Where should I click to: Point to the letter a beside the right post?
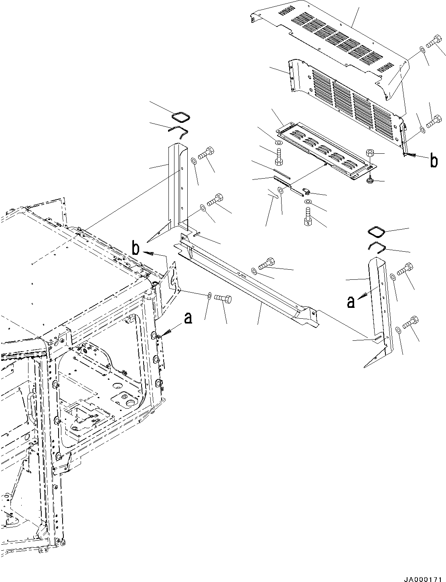[351, 302]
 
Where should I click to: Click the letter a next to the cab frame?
[188, 318]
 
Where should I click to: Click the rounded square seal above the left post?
[180, 118]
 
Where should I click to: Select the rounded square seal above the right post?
[376, 232]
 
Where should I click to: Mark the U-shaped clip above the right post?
[377, 247]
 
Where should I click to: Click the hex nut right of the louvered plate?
[370, 153]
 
